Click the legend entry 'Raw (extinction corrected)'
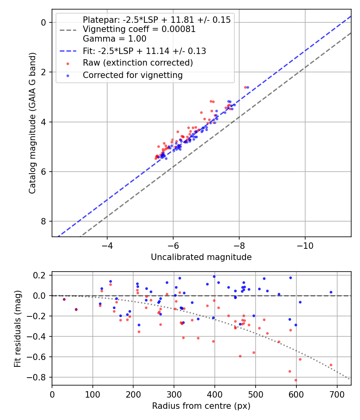(138, 63)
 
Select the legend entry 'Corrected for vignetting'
(132, 75)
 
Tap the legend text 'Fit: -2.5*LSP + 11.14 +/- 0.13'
(144, 51)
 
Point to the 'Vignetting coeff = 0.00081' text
(139, 29)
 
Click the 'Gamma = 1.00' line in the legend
(114, 39)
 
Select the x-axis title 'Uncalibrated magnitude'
(201, 257)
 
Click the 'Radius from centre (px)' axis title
(201, 406)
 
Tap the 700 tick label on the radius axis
(337, 394)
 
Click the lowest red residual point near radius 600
(296, 380)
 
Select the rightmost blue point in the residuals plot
(331, 292)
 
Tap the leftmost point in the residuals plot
(64, 299)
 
